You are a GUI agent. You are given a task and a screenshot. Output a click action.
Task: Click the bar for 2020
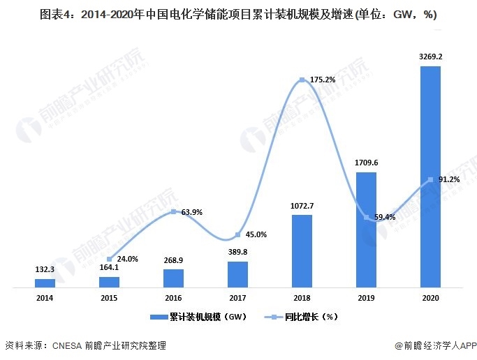pos(430,177)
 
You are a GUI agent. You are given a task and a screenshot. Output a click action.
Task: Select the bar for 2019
pos(366,230)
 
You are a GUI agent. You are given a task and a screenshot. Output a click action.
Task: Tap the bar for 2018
pos(302,251)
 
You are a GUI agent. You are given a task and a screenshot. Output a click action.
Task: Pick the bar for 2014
pos(45,283)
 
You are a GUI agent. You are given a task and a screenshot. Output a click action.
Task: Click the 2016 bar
pos(173,278)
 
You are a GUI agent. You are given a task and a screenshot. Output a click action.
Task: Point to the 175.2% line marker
pos(302,80)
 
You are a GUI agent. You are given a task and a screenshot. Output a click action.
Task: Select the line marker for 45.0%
pos(237,234)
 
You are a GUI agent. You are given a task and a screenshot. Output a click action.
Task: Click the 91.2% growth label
pos(448,179)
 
